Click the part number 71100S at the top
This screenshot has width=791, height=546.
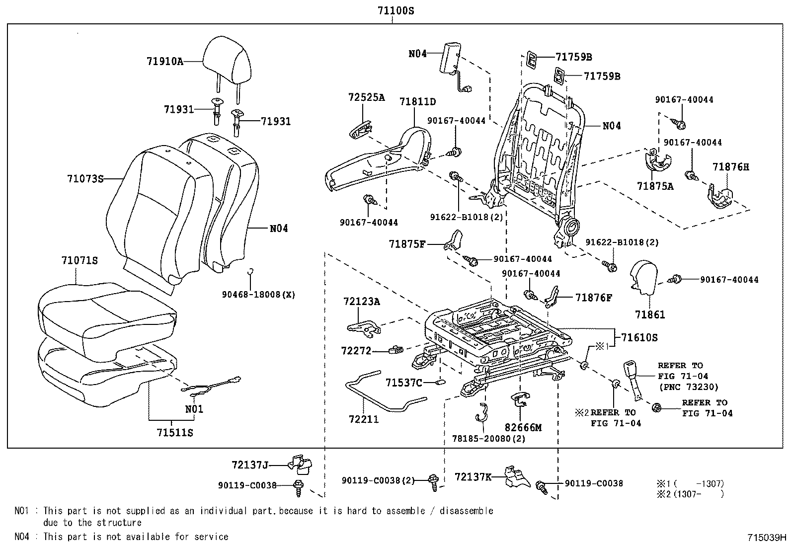tap(393, 10)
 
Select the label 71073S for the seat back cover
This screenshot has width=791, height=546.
tap(85, 178)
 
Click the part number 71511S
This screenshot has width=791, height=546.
tap(175, 433)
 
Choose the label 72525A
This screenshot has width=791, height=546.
tap(367, 97)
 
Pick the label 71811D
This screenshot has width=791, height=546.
tap(418, 102)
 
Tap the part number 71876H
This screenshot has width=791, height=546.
tap(731, 167)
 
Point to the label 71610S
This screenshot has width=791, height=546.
tap(639, 337)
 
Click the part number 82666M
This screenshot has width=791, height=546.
tap(523, 427)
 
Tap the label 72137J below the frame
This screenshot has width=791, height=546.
tap(250, 465)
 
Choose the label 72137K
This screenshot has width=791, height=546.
tap(473, 477)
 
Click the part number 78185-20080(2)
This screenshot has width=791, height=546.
tap(489, 439)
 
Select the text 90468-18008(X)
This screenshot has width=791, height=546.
tap(258, 295)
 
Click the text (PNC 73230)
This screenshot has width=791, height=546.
tap(688, 387)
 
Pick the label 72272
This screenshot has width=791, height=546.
tap(356, 351)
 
